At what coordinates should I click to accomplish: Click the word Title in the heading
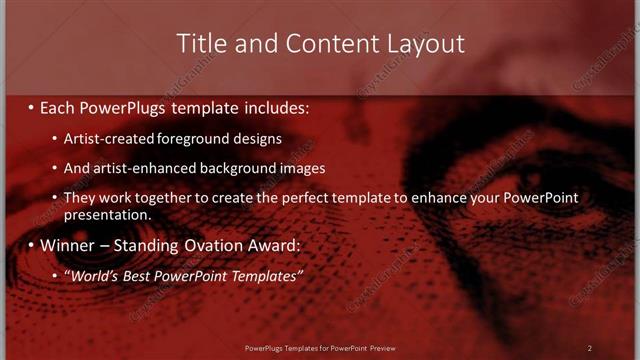pyautogui.click(x=200, y=44)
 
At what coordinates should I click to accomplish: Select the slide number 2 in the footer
pyautogui.click(x=589, y=347)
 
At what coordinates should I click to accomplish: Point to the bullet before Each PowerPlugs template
pyautogui.click(x=31, y=106)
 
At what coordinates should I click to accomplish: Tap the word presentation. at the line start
pyautogui.click(x=107, y=215)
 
